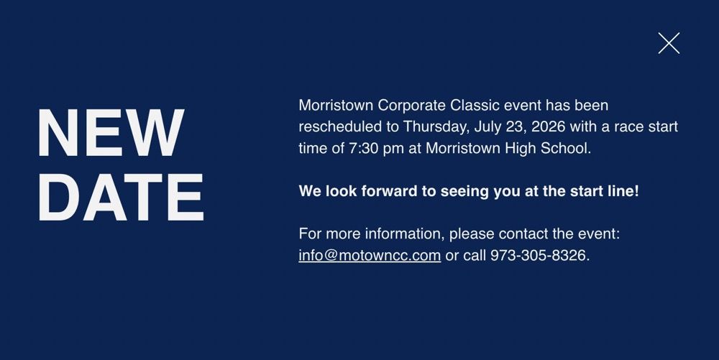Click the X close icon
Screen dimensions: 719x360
(x=669, y=43)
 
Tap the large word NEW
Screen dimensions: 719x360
(x=111, y=133)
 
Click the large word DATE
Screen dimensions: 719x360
(x=121, y=198)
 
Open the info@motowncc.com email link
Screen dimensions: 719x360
(x=370, y=255)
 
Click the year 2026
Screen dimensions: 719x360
(x=548, y=126)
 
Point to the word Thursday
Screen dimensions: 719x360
(x=436, y=127)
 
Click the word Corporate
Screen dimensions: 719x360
(x=412, y=106)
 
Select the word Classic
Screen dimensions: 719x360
(x=475, y=106)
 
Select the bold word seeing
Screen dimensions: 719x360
(x=464, y=192)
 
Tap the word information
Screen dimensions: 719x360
(x=405, y=234)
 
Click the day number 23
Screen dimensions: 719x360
(x=516, y=127)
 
